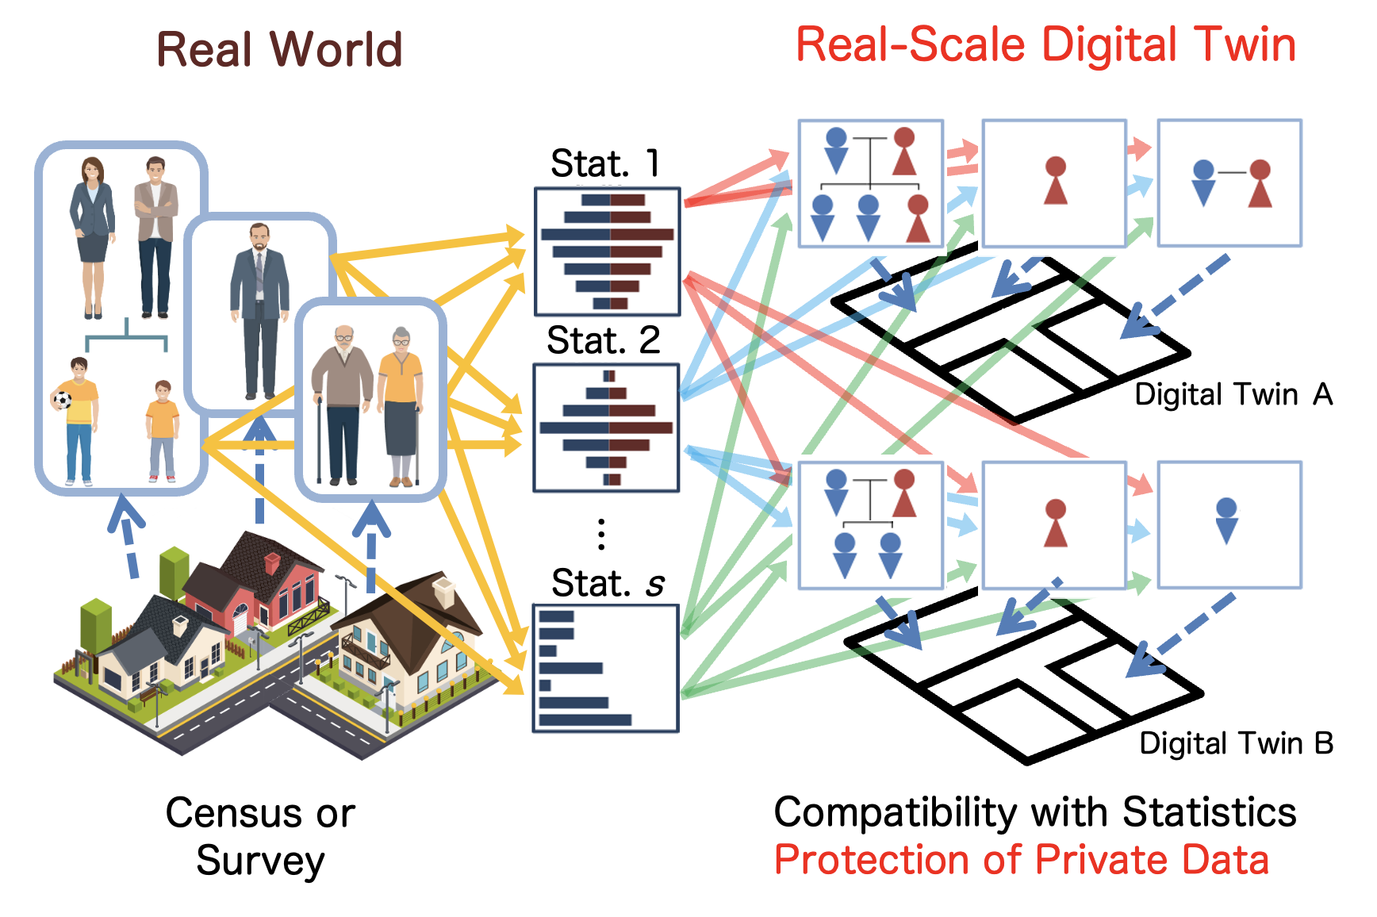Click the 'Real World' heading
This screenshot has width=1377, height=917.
[279, 49]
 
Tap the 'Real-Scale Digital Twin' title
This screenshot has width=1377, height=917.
[1045, 44]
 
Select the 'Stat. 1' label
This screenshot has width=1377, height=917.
[604, 163]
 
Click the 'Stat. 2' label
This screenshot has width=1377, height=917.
[603, 341]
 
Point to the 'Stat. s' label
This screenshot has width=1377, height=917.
[607, 583]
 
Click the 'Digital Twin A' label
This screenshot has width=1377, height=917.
[1233, 394]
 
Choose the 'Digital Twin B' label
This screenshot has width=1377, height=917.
[1236, 743]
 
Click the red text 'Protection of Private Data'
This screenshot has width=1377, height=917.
[1022, 860]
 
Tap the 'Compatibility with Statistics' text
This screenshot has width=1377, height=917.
[1034, 812]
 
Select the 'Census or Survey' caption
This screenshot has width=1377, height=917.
[260, 836]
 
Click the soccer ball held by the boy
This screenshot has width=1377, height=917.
[62, 398]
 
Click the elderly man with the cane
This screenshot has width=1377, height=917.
[342, 405]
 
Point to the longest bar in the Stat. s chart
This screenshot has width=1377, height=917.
[585, 719]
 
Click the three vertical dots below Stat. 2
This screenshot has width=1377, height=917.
[601, 534]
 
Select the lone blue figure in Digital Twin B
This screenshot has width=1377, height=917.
[1226, 520]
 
